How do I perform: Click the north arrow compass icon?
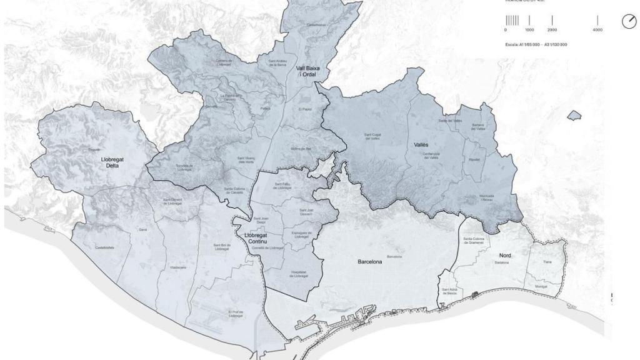point(628,22)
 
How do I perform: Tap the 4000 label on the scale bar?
point(597,30)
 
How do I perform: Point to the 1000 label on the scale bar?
point(529,30)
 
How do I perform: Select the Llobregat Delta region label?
point(112,163)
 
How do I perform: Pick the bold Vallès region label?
point(421,144)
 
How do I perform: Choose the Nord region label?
point(505,256)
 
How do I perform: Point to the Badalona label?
point(502,263)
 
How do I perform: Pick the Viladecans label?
point(178,267)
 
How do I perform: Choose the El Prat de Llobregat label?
point(236,314)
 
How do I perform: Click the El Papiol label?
point(304,109)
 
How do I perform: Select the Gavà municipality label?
point(142,230)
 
